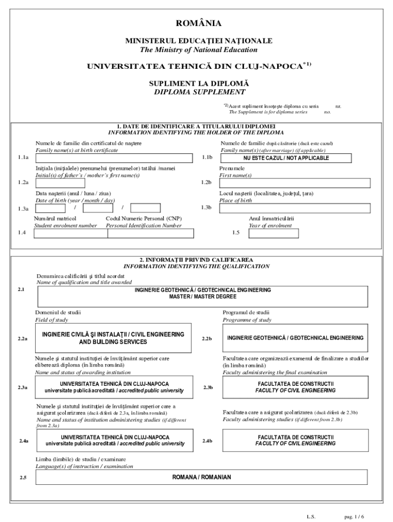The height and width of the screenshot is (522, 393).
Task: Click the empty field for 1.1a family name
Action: pyautogui.click(x=114, y=158)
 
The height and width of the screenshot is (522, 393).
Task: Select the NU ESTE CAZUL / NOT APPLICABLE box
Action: pyautogui.click(x=293, y=158)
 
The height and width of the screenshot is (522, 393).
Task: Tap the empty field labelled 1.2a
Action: pyautogui.click(x=114, y=182)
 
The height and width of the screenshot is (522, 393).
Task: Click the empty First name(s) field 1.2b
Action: pyautogui.click(x=293, y=182)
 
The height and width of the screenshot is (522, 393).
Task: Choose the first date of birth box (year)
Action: pyautogui.click(x=50, y=208)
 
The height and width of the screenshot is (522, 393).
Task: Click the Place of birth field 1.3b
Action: pyautogui.click(x=293, y=208)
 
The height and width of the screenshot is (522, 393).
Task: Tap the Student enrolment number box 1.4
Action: pyautogui.click(x=65, y=233)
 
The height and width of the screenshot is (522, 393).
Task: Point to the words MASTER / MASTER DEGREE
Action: pyautogui.click(x=195, y=297)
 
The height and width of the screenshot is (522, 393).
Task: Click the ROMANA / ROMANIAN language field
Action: pyautogui.click(x=201, y=477)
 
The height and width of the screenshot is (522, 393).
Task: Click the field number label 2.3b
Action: pyautogui.click(x=208, y=388)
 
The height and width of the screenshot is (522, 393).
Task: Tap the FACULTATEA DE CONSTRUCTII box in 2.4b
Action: pyautogui.click(x=296, y=440)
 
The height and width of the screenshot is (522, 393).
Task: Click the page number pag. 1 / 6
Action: pyautogui.click(x=354, y=516)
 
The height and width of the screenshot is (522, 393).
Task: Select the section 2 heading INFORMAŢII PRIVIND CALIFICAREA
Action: pyautogui.click(x=196, y=260)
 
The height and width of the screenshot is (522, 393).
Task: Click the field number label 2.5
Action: pyautogui.click(x=23, y=478)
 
